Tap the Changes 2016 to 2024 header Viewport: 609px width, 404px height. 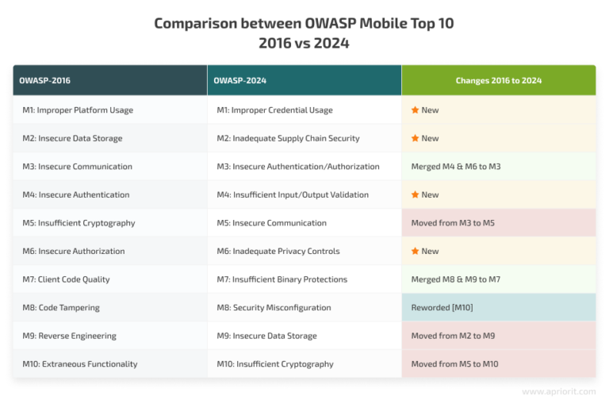(x=498, y=80)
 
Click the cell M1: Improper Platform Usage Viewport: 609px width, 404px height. (x=78, y=110)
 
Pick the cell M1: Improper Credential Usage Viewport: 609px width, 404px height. (x=274, y=110)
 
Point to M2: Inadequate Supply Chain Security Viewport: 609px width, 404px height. (x=288, y=138)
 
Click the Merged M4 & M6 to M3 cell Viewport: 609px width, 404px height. (x=455, y=167)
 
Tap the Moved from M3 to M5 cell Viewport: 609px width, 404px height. (x=452, y=223)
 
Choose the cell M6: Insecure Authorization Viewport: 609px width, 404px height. (x=74, y=251)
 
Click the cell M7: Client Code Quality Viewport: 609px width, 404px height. (x=66, y=279)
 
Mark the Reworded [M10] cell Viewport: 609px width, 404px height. (x=442, y=307)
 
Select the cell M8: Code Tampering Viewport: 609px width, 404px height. (x=60, y=307)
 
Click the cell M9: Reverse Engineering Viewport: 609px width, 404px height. (x=69, y=336)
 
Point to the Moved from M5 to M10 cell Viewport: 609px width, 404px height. (x=455, y=364)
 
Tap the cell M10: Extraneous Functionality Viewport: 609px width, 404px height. (x=80, y=364)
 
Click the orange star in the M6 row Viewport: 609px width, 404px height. (x=415, y=251)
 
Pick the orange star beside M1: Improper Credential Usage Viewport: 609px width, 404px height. (x=415, y=110)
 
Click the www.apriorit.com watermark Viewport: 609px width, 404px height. (x=559, y=391)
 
